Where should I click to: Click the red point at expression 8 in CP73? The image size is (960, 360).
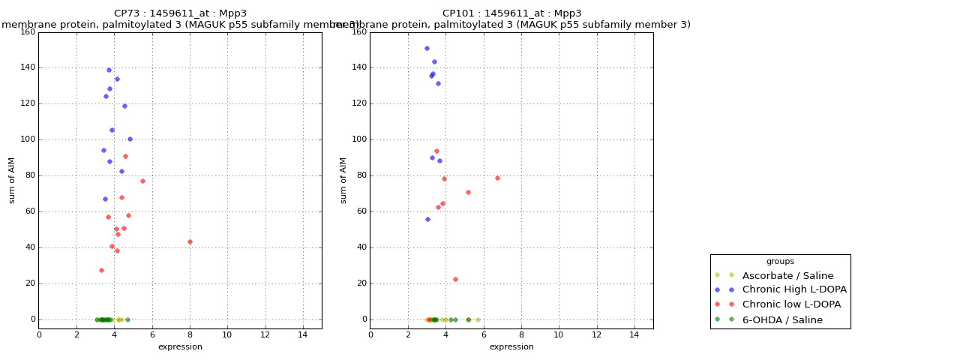[x=190, y=241]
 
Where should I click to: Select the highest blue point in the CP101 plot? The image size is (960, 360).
[x=427, y=48]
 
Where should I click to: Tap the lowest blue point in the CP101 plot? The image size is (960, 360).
[x=427, y=219]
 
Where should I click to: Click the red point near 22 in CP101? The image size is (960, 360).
[x=455, y=279]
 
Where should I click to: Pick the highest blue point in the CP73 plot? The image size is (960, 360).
[x=109, y=70]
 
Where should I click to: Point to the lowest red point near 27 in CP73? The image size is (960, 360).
[x=101, y=270]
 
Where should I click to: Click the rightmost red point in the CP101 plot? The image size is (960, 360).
[x=497, y=178]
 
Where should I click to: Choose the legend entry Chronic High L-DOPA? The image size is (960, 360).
[x=794, y=289]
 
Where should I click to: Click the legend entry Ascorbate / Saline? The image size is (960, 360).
[x=787, y=275]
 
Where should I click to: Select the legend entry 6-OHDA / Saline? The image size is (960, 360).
[x=782, y=319]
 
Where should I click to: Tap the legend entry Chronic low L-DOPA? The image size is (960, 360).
[x=791, y=304]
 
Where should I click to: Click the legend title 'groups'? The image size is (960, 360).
[x=780, y=261]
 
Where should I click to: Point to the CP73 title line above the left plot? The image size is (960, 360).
[x=180, y=13]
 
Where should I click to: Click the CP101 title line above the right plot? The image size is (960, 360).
[x=511, y=13]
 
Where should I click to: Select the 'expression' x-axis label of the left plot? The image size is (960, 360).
[x=180, y=346]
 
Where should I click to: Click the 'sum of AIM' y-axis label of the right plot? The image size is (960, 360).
[x=343, y=180]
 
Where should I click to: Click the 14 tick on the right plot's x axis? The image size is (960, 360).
[x=634, y=334]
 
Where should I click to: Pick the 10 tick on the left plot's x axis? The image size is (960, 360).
[x=227, y=334]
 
